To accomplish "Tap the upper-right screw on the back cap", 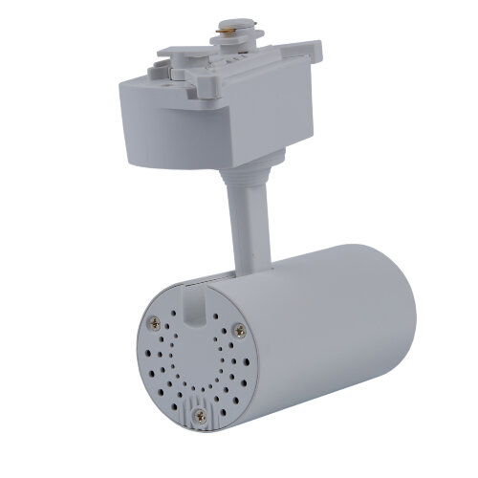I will [238, 331].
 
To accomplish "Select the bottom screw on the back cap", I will [200, 416].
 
